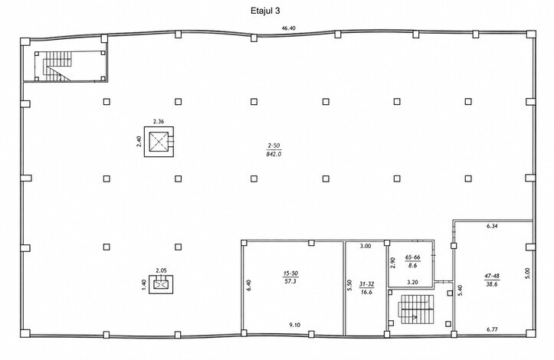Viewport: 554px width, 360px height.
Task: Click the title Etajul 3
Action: tap(265, 11)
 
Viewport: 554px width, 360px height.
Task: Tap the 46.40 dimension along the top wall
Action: tap(288, 28)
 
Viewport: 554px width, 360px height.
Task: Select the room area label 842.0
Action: tap(274, 154)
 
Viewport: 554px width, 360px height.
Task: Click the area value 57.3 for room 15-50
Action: tap(290, 282)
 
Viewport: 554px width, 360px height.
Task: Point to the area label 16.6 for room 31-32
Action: tap(366, 292)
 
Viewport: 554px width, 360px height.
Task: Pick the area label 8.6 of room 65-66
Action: tap(412, 265)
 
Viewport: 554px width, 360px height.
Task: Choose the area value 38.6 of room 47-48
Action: tap(491, 284)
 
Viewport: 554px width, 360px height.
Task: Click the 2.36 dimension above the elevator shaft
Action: tap(159, 122)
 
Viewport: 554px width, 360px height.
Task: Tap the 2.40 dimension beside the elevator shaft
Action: tap(139, 142)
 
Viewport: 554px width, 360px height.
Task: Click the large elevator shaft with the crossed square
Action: tap(159, 142)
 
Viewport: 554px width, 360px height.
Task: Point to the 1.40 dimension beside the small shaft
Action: tap(144, 285)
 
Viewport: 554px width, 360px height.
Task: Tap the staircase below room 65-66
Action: tap(416, 309)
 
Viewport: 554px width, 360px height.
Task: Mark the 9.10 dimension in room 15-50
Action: tap(295, 325)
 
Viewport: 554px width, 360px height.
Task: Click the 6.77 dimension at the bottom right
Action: tap(492, 329)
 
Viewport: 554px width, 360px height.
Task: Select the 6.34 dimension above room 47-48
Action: tap(492, 227)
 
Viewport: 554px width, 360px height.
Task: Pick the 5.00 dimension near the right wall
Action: tap(528, 273)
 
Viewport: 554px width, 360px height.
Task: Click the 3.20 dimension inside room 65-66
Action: tap(413, 283)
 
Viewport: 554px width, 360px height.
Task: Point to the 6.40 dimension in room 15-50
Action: tap(249, 285)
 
